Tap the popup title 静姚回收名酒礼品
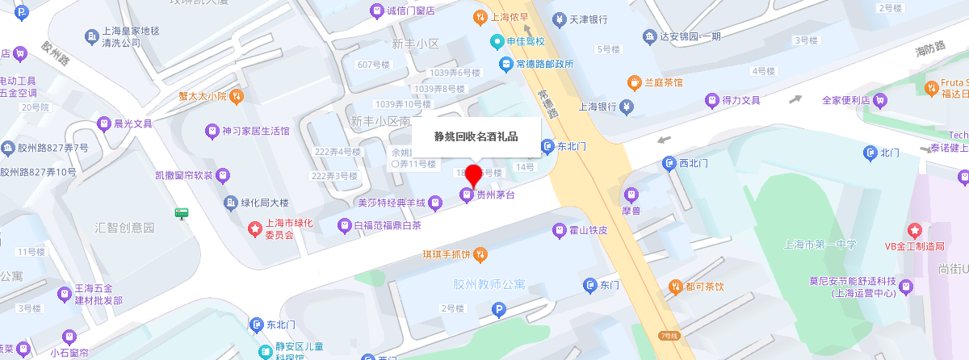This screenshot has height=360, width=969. [476, 136]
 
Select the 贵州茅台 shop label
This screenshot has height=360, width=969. [495, 195]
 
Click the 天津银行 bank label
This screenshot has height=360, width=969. [588, 19]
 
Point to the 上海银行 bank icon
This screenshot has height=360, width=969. [626, 106]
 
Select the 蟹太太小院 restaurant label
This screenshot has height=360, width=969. [203, 96]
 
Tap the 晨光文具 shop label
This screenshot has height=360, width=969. [133, 123]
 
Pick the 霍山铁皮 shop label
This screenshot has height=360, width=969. [588, 231]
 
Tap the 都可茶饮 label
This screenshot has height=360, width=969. [705, 286]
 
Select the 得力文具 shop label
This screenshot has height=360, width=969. [741, 100]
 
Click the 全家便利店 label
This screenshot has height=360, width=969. [845, 100]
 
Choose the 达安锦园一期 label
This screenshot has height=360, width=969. [690, 36]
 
